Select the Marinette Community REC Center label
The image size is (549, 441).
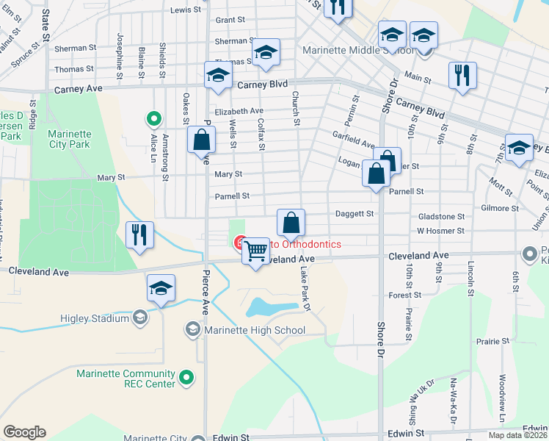(126, 379)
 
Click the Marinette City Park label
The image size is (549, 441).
(70, 139)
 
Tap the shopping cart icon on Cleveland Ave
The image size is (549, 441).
(255, 251)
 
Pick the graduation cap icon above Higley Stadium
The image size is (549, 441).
(161, 289)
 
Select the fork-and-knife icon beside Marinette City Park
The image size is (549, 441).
(139, 235)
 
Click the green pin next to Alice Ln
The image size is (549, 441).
(154, 118)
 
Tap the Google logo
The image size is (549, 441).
(24, 432)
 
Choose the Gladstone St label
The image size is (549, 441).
(441, 217)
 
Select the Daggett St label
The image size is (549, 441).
(355, 214)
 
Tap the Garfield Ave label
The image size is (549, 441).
(355, 144)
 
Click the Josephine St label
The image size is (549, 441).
(119, 51)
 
